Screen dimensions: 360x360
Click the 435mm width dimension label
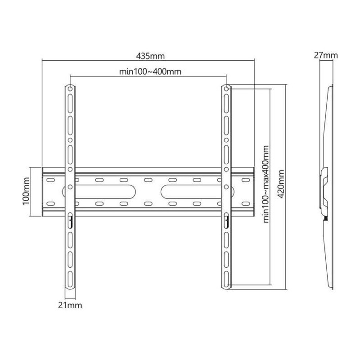point(150,56)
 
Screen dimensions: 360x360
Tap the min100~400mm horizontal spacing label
point(150,72)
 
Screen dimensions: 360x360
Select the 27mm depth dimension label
point(326,55)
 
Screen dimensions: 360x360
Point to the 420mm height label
point(281,184)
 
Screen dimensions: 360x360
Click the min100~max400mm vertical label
point(266,184)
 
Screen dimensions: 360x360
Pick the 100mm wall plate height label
point(26,191)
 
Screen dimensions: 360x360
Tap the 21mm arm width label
point(70,306)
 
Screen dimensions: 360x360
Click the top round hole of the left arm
point(70,89)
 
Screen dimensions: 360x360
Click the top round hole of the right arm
point(226,89)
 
